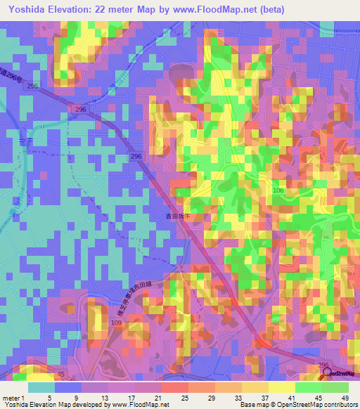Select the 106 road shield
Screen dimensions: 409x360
pyautogui.click(x=279, y=191)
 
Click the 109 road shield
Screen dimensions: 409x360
pyautogui.click(x=116, y=323)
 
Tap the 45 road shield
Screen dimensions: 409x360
pyautogui.click(x=60, y=375)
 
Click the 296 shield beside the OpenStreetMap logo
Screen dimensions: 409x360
pyautogui.click(x=323, y=365)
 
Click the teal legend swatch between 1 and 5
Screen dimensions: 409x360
pyautogui.click(x=41, y=387)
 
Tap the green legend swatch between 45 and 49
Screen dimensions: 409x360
pyautogui.click(x=335, y=387)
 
